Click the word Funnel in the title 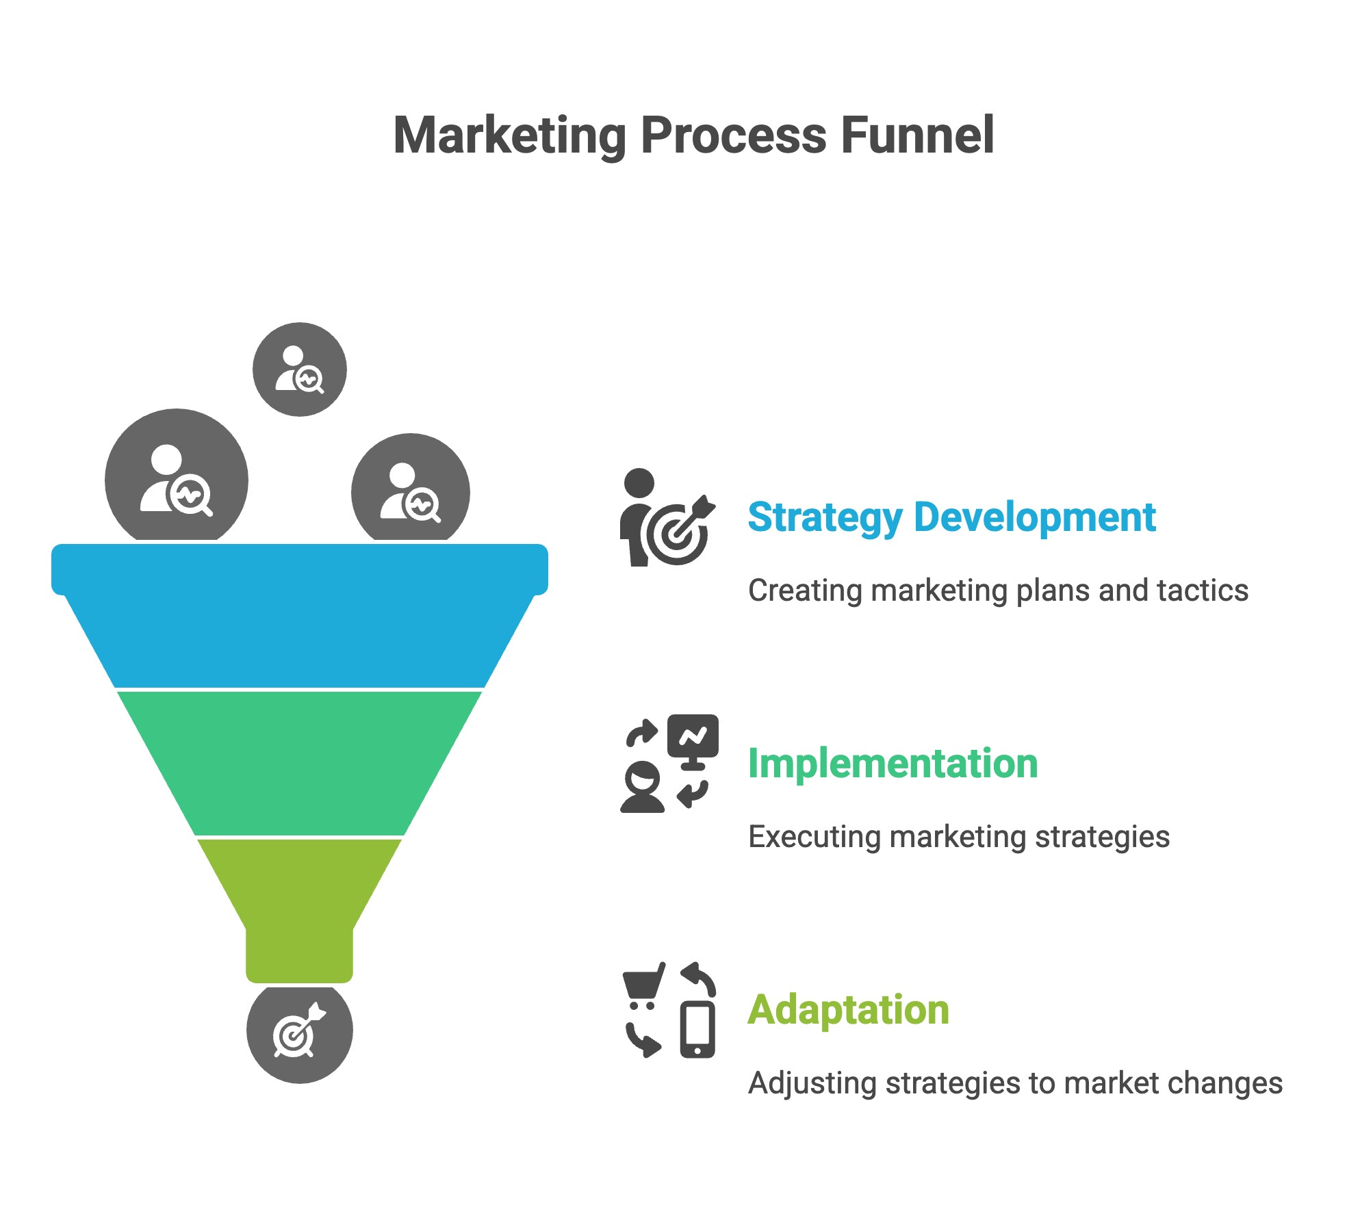pos(916,135)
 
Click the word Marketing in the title pos(509,135)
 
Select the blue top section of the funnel pos(300,616)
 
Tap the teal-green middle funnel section pos(300,763)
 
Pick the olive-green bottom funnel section pos(300,903)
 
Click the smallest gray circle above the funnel pos(300,369)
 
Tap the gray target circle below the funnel pos(300,1034)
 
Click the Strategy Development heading pos(951,517)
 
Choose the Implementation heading pos(893,764)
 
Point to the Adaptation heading pos(848,1010)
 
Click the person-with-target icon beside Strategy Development pos(667,518)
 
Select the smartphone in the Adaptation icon pos(697,1029)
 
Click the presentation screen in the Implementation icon pos(693,737)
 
